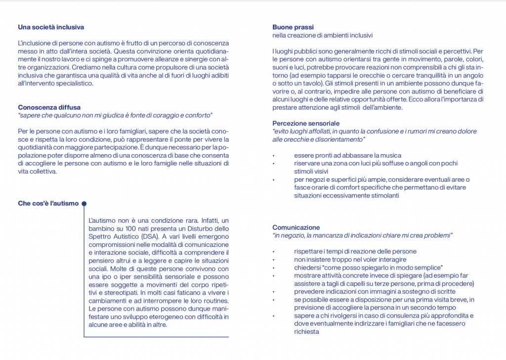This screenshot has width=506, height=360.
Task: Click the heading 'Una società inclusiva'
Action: tap(51, 27)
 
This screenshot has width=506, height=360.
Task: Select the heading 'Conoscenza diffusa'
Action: tap(49, 107)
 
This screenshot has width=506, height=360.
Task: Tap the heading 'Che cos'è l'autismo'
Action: tap(48, 203)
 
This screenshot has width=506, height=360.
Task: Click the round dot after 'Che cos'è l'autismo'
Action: tap(84, 203)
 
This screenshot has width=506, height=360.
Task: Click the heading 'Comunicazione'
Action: tap(296, 228)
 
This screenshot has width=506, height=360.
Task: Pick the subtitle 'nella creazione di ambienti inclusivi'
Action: tap(322, 35)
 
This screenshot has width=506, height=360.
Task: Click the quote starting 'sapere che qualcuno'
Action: tap(115, 115)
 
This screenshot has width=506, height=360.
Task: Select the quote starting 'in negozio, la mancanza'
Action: tap(363, 236)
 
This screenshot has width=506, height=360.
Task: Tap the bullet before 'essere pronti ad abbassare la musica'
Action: tap(273, 156)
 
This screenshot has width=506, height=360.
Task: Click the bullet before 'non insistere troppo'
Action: tap(273, 260)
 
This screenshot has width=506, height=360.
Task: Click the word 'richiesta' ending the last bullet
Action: tap(306, 332)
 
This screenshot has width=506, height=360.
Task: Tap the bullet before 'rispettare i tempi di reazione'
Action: tap(273, 252)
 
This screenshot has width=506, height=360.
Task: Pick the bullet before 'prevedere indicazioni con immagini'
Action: tap(273, 292)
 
